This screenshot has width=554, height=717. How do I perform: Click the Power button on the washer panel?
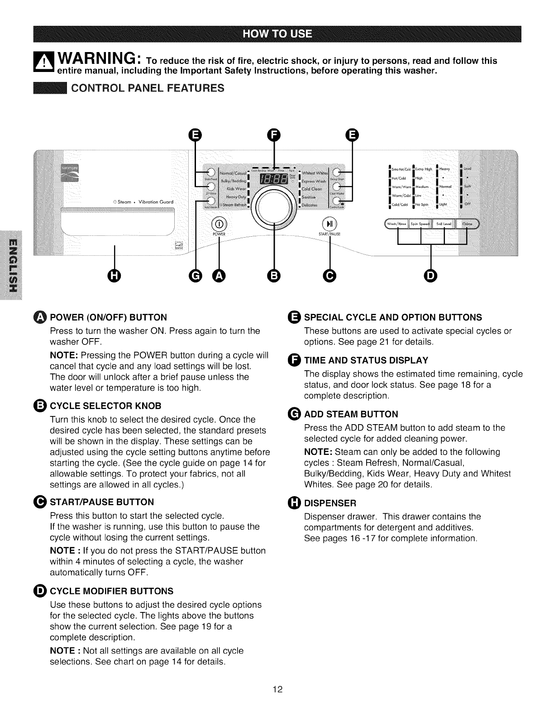pos(219,225)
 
